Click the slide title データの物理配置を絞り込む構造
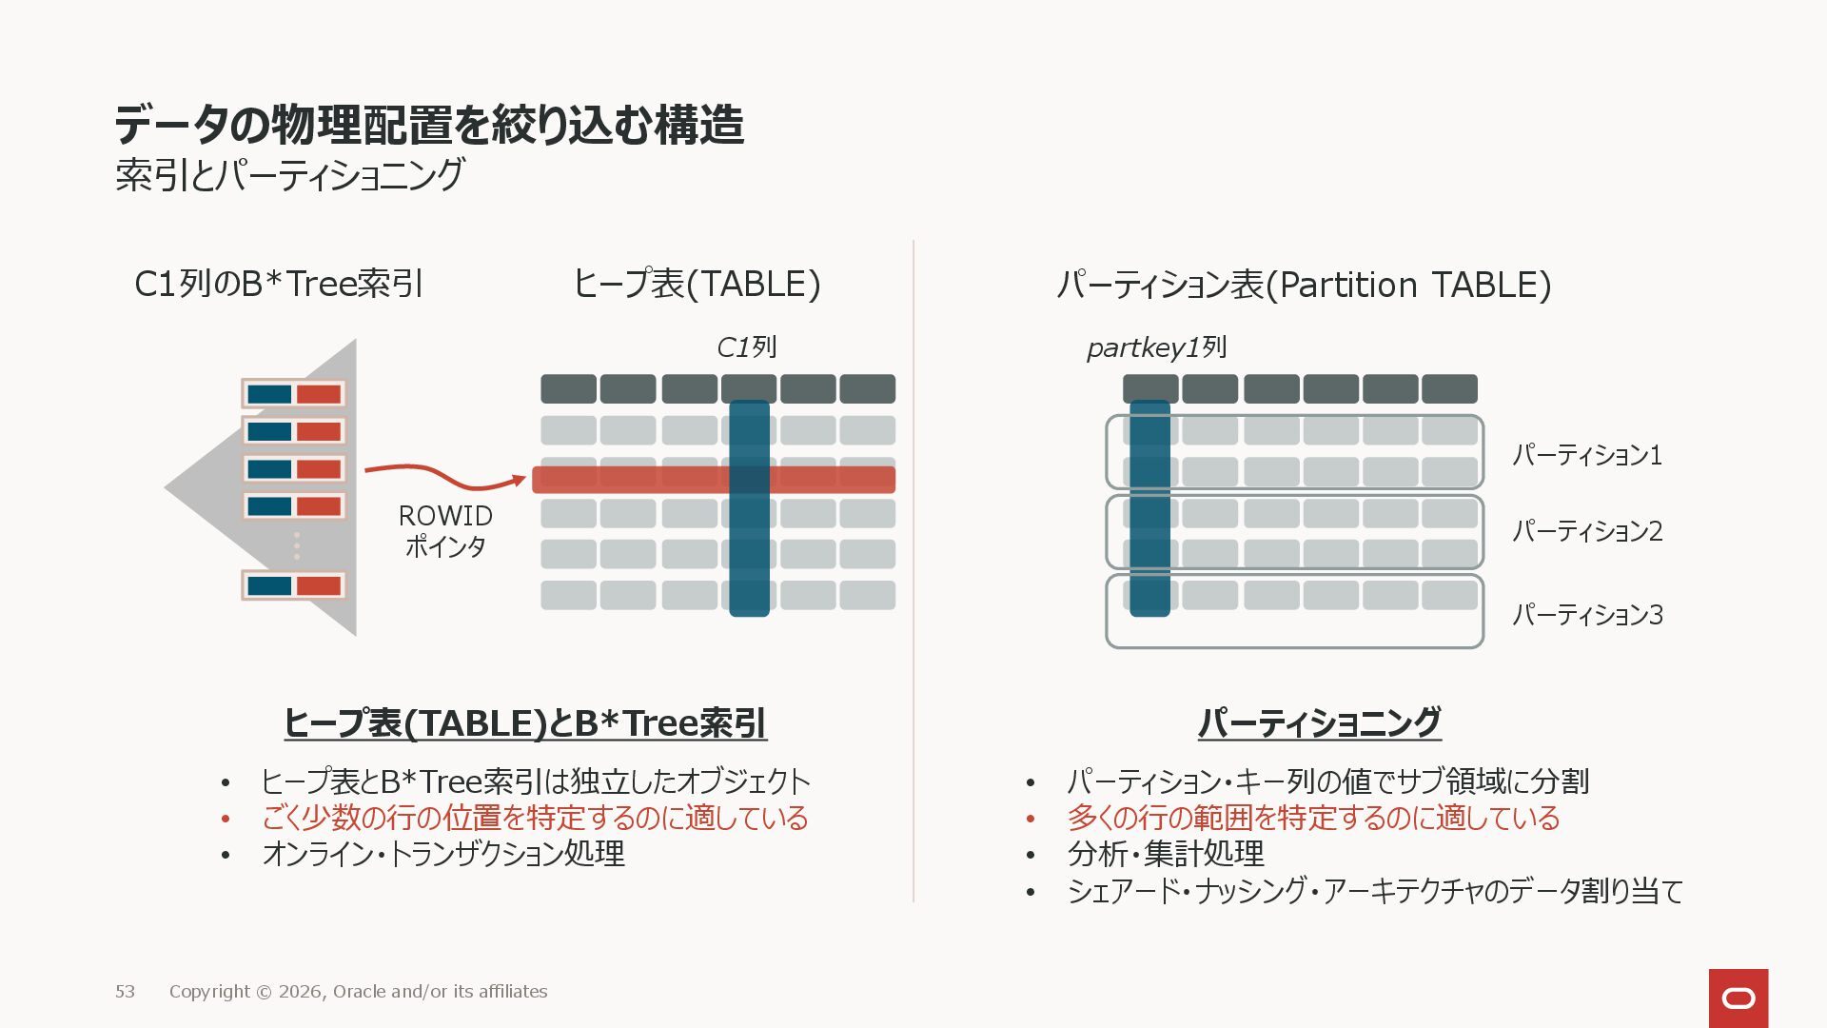click(428, 125)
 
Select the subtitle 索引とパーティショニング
click(289, 175)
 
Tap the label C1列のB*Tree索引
click(278, 284)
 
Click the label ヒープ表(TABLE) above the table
click(696, 284)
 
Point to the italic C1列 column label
click(746, 347)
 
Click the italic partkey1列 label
click(1156, 347)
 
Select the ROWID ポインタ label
click(445, 530)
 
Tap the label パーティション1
click(1586, 455)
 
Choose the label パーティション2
click(1586, 531)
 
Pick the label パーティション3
click(1586, 615)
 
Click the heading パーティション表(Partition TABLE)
click(1304, 285)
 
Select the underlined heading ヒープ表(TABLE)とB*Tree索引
click(524, 723)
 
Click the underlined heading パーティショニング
click(1319, 722)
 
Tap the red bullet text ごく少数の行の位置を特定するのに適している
click(534, 818)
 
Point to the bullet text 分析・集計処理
click(1166, 854)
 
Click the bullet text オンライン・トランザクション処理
click(443, 854)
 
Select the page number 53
click(125, 992)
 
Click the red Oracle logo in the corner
click(1738, 998)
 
